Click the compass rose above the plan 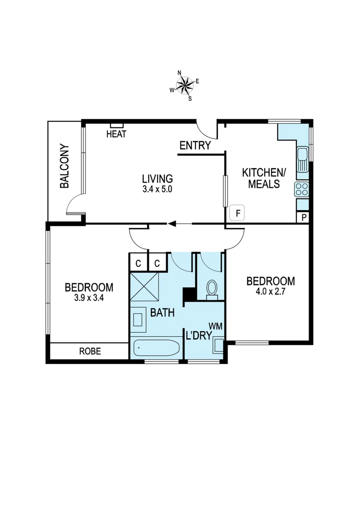tap(185, 85)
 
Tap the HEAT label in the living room tap(116, 134)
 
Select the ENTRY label tap(195, 146)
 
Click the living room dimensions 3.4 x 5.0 tap(157, 189)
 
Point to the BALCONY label tap(65, 166)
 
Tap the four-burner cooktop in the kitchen tap(302, 189)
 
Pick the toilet tap(212, 288)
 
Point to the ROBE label tap(89, 351)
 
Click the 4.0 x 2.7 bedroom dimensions tap(270, 291)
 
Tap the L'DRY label tap(198, 336)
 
